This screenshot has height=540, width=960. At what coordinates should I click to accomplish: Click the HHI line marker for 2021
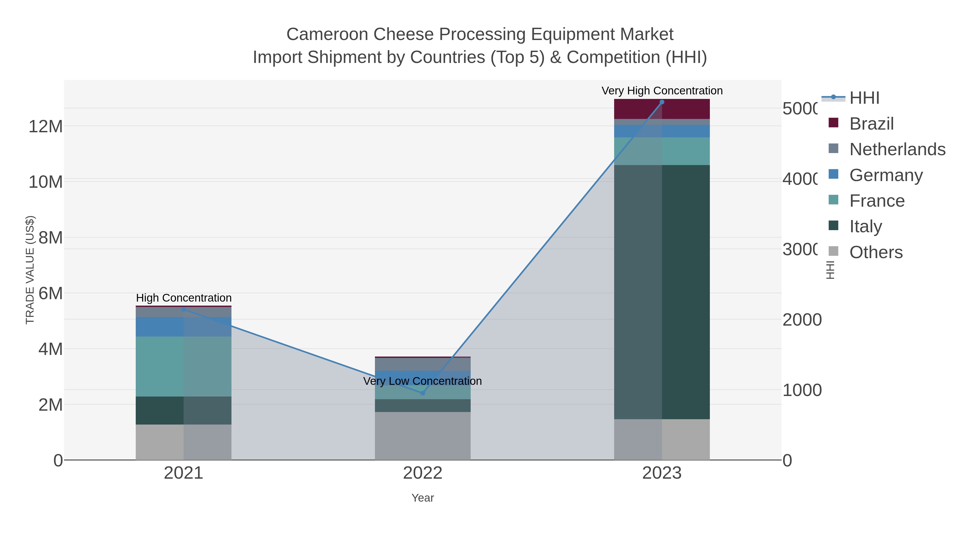pos(183,309)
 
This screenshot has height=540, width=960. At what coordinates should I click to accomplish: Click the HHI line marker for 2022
pos(423,393)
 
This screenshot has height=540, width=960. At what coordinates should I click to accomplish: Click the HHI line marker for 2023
pos(662,102)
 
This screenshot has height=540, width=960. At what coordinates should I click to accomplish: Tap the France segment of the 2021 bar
pos(183,366)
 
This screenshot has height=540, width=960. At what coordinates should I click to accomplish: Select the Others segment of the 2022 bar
pos(423,436)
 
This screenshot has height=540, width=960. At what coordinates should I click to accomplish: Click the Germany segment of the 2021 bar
pos(183,327)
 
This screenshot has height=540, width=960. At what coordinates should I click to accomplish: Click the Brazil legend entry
pos(871,124)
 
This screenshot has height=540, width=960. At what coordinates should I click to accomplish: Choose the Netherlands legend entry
pos(897,149)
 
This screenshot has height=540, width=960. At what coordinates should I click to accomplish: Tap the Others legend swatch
pos(833,251)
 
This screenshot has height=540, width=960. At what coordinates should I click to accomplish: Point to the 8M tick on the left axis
pos(50,238)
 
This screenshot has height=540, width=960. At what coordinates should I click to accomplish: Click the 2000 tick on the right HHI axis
pos(802,320)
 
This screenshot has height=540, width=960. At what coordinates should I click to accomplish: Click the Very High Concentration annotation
pos(662,91)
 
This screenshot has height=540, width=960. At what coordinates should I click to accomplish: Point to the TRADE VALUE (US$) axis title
pos(30,270)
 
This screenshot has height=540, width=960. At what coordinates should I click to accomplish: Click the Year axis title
pos(423,498)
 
